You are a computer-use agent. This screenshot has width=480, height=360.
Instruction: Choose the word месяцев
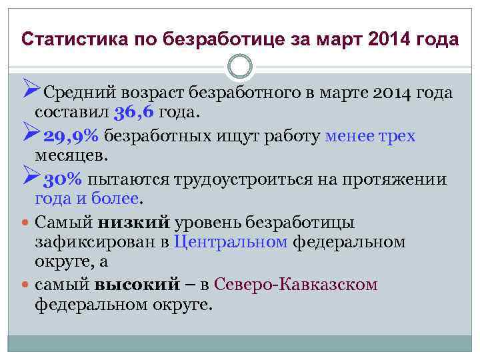coord(70,155)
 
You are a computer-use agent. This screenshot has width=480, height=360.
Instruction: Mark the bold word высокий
coord(137,285)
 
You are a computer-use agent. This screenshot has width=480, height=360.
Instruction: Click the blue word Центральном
coord(230,241)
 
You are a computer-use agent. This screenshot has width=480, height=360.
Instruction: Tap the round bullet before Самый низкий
coord(24,223)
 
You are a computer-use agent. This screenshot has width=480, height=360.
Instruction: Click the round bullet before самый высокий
coord(24,285)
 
